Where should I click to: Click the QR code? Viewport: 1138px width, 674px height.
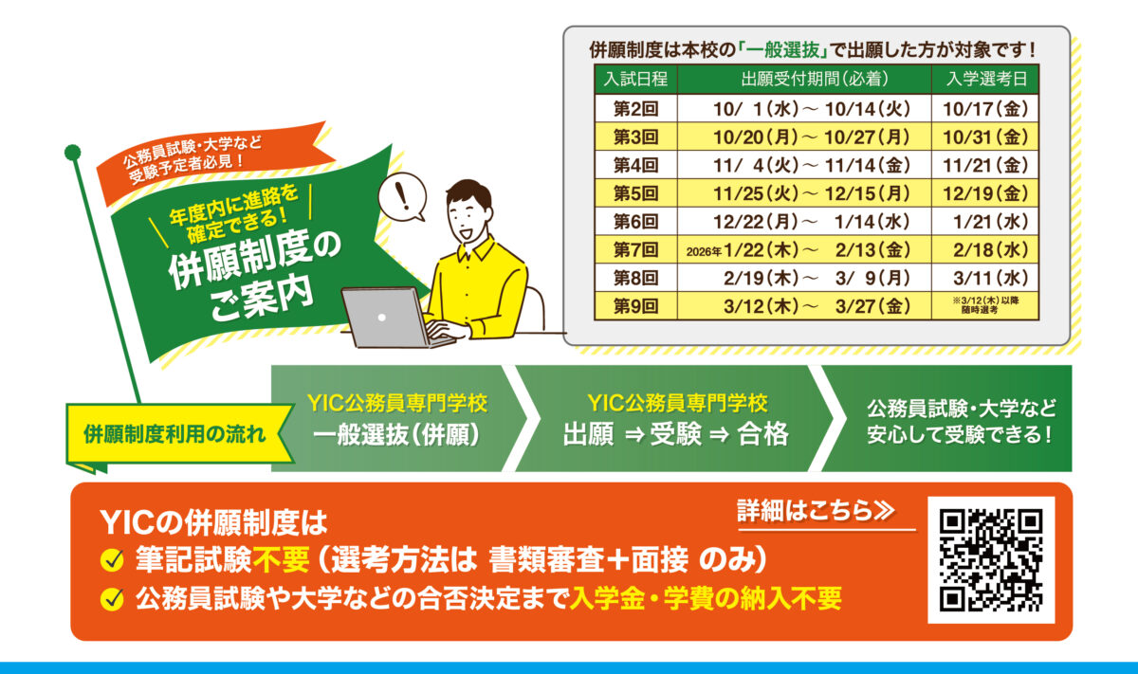pos(991,559)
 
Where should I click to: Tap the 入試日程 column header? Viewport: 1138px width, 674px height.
pos(635,80)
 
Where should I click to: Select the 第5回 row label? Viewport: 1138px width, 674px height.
pos(635,193)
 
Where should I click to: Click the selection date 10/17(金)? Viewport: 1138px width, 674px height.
pos(985,109)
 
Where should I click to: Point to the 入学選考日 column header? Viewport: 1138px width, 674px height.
pos(985,80)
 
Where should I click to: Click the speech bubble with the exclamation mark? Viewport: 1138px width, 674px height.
pos(402,197)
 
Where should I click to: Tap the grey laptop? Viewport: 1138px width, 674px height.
pos(391,318)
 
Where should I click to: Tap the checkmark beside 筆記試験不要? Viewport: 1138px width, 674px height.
pos(112,560)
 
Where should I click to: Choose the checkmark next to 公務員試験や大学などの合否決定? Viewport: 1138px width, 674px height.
pos(112,598)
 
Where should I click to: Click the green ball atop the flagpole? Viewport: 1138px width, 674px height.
pos(73,152)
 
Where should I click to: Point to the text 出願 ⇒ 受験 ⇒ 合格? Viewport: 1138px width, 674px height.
pos(675,434)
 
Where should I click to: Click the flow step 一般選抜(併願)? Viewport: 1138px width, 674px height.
pos(396,434)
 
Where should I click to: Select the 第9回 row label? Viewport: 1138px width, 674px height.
pos(635,306)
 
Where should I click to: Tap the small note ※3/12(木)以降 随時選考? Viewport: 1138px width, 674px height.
pos(985,305)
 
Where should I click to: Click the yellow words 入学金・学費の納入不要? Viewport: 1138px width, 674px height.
pos(706,598)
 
